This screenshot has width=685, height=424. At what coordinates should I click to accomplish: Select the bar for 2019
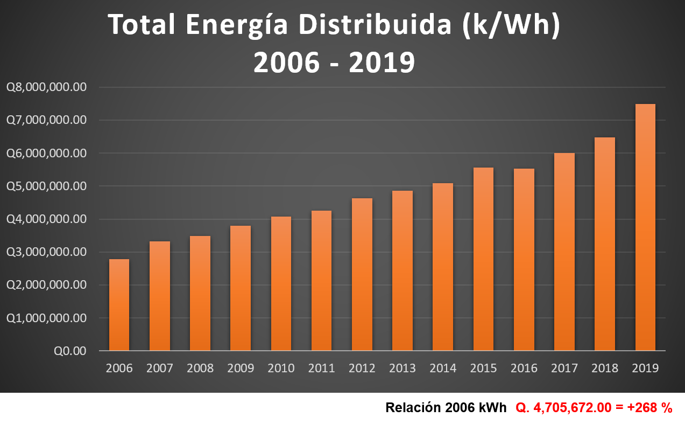(645, 227)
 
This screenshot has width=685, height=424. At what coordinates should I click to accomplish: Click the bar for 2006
(119, 305)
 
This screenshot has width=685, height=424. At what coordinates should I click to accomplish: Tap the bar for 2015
(483, 259)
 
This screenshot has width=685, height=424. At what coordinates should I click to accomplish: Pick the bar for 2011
(321, 281)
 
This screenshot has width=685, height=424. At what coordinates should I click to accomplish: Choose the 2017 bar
(564, 252)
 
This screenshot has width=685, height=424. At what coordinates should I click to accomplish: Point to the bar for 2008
(200, 293)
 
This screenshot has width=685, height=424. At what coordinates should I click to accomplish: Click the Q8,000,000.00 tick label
(46, 87)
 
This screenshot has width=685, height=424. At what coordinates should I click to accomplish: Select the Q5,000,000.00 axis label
(46, 186)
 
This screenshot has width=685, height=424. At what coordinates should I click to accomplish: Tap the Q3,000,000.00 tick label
(46, 252)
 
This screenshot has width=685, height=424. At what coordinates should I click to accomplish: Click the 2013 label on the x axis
(402, 369)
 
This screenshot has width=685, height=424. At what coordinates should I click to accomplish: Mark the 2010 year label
(281, 369)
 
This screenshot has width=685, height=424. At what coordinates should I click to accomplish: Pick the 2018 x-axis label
(604, 369)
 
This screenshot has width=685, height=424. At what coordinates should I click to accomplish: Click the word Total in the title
(141, 26)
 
